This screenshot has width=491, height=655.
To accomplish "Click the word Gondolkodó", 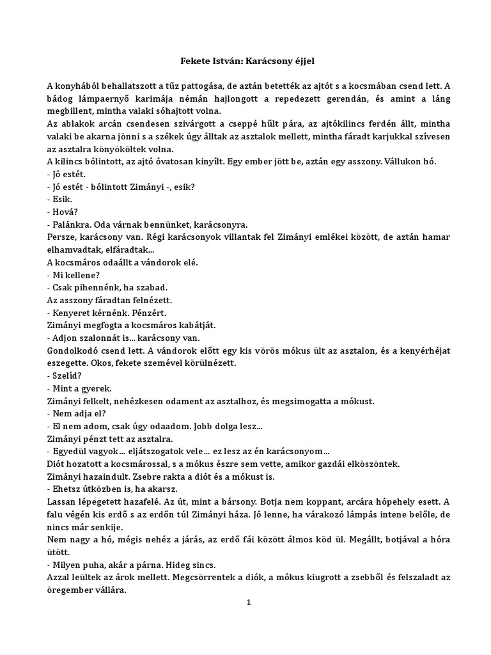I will [74, 351].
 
